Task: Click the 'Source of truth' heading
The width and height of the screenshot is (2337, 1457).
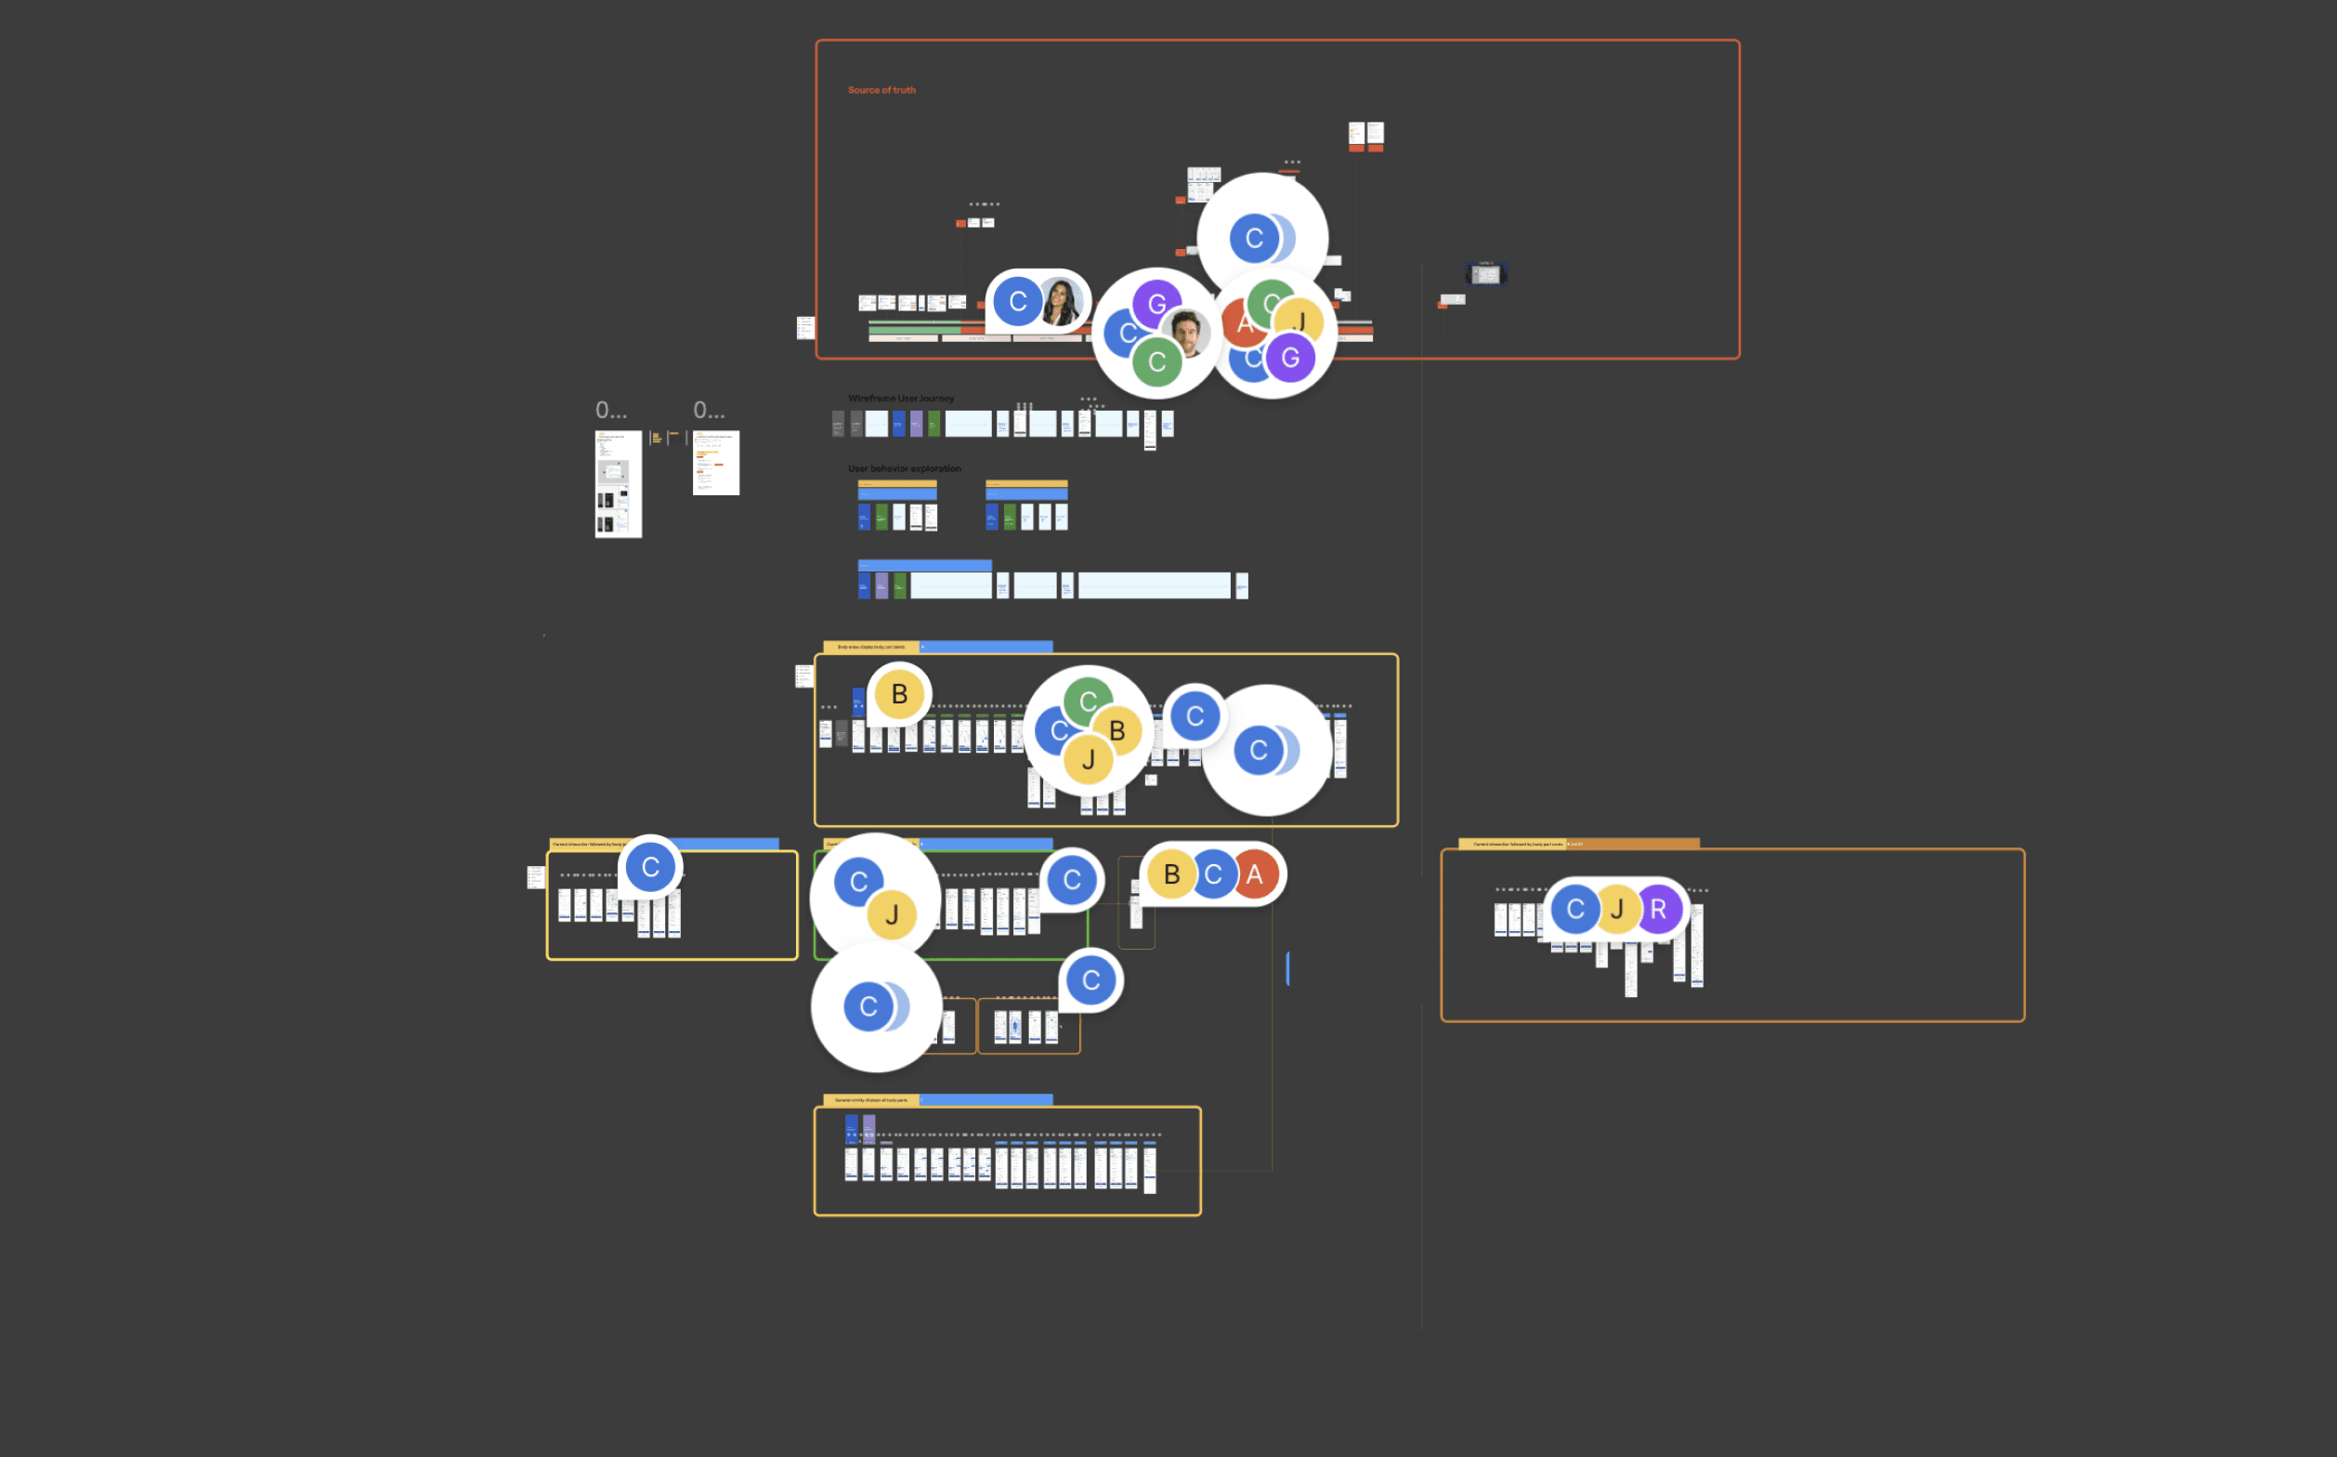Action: (x=881, y=89)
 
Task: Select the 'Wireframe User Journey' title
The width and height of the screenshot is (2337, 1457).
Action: (x=901, y=398)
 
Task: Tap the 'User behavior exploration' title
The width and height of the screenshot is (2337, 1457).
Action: (x=904, y=468)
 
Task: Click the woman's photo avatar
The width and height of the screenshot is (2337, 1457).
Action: (x=1061, y=302)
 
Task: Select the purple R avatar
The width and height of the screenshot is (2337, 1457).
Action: (x=1658, y=909)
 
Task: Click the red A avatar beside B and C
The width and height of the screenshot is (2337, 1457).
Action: (x=1254, y=874)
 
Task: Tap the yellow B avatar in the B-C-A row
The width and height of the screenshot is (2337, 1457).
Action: (x=1171, y=874)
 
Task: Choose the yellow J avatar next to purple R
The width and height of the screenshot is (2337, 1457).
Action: (x=1617, y=909)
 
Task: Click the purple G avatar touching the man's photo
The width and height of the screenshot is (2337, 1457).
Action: (x=1157, y=304)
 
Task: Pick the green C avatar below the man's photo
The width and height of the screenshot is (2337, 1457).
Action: (x=1157, y=361)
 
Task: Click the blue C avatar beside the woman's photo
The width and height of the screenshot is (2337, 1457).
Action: (x=1017, y=302)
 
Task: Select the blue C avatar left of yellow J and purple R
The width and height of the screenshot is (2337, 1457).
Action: (x=1576, y=909)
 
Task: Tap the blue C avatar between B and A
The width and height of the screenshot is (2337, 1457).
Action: (x=1213, y=874)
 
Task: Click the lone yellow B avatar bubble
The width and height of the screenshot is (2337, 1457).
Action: (x=899, y=694)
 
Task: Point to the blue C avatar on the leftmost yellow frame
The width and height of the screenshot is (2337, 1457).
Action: (x=650, y=867)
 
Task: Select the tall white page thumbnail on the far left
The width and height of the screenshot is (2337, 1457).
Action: (x=618, y=484)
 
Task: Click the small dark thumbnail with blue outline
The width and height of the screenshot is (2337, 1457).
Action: (x=1486, y=275)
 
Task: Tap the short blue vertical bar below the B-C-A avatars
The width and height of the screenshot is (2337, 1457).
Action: (x=1288, y=967)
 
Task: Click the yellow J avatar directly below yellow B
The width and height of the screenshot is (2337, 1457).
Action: (x=1089, y=759)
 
